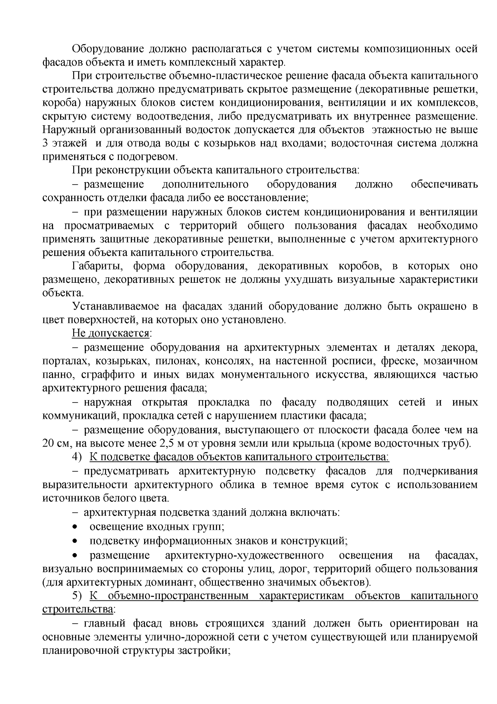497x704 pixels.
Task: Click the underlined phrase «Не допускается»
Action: tap(111, 333)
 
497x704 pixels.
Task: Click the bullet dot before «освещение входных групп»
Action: tap(75, 527)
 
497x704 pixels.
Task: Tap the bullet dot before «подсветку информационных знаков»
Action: tap(75, 541)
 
